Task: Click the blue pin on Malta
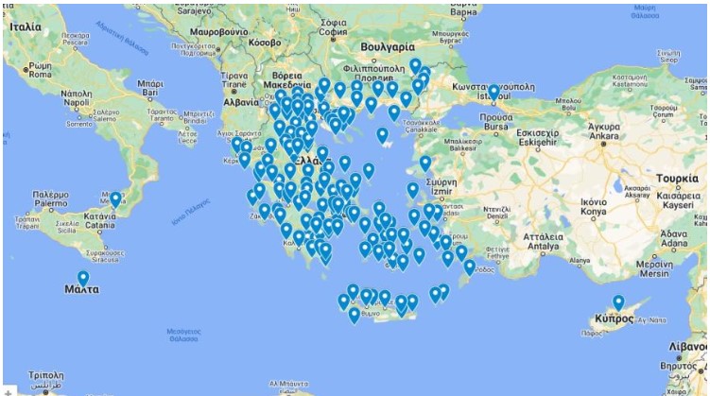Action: tap(83, 279)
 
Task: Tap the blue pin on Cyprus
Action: tap(618, 303)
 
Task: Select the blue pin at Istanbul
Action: tap(494, 93)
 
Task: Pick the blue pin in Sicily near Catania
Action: tap(115, 200)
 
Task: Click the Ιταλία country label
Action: tap(26, 27)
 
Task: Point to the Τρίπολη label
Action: tap(44, 375)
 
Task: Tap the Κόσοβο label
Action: tap(264, 43)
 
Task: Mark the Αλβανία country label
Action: tap(242, 102)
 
